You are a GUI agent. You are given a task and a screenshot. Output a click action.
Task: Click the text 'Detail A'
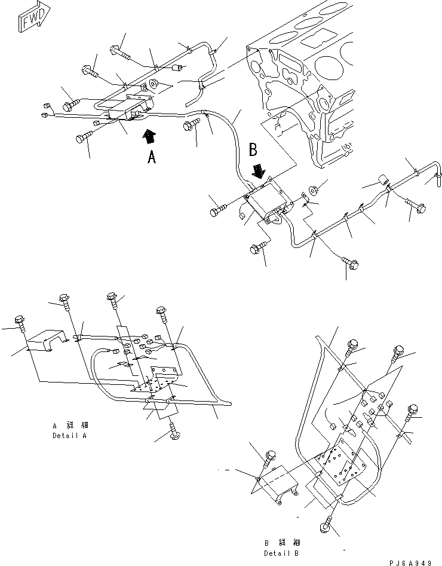[x=69, y=436]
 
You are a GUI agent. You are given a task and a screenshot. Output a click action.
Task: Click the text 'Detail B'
[x=281, y=553]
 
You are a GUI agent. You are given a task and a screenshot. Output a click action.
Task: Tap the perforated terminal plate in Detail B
[x=340, y=460]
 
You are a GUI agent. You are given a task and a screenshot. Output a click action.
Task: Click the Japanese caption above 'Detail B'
[x=281, y=543]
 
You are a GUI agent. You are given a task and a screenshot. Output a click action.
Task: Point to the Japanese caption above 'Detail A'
[x=69, y=426]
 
